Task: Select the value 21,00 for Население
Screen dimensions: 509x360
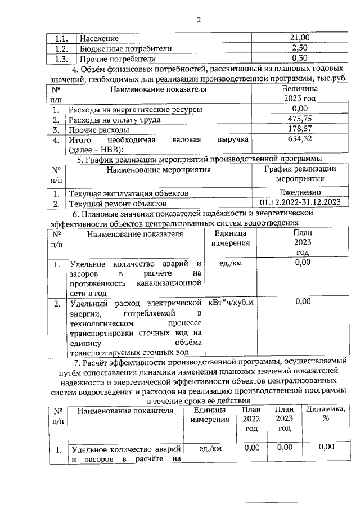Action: pyautogui.click(x=299, y=38)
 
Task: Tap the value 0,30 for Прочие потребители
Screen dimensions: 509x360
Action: pyautogui.click(x=299, y=58)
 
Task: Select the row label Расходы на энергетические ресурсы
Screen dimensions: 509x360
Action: pyautogui.click(x=135, y=109)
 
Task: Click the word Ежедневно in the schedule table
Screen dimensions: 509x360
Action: pyautogui.click(x=299, y=193)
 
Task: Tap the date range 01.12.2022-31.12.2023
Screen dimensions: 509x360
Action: pyautogui.click(x=301, y=203)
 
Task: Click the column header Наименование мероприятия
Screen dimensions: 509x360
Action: pyautogui.click(x=159, y=169)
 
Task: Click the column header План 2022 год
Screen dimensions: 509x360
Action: pyautogui.click(x=251, y=419)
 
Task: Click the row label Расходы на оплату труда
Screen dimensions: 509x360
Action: pyautogui.click(x=115, y=119)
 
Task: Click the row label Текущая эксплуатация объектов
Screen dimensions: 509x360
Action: pyautogui.click(x=128, y=193)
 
